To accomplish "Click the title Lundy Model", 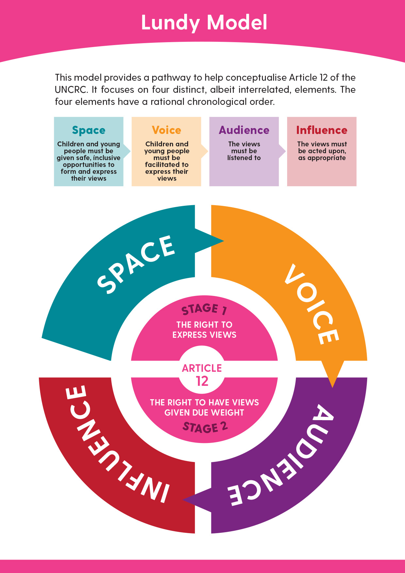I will click(204, 23).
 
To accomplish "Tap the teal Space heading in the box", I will click(89, 130).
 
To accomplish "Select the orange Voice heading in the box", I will click(166, 130).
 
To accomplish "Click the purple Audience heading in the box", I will click(244, 130).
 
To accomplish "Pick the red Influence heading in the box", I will click(322, 130).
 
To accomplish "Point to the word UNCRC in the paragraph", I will click(71, 90).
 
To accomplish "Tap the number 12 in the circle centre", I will click(202, 381).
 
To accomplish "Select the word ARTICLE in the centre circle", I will click(202, 368).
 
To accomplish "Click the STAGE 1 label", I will click(204, 309).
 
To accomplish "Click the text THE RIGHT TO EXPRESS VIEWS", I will click(204, 330).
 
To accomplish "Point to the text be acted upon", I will click(322, 151).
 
